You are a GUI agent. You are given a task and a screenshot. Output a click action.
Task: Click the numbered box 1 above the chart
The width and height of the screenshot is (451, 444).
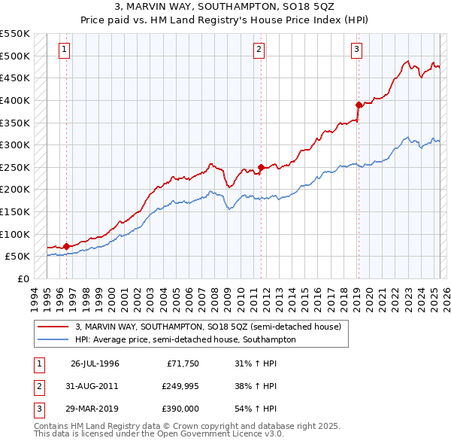click(x=65, y=50)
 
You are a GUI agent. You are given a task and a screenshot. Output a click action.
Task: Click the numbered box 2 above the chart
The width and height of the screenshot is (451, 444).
click(x=259, y=50)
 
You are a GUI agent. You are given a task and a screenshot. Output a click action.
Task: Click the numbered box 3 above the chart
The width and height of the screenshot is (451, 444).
click(x=356, y=50)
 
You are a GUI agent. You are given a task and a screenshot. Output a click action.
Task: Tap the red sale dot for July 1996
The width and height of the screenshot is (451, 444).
click(x=66, y=245)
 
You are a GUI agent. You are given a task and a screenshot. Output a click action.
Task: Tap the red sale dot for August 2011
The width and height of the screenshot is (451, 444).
click(x=261, y=167)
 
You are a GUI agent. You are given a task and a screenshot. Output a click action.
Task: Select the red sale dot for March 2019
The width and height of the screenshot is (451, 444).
click(x=359, y=105)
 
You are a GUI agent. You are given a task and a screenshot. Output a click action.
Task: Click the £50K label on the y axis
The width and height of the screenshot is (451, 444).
click(x=17, y=257)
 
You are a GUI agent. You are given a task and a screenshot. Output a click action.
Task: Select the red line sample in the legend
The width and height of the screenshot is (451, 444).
click(x=53, y=327)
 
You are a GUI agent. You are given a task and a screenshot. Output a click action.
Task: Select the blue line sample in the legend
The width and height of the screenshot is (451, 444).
click(x=53, y=339)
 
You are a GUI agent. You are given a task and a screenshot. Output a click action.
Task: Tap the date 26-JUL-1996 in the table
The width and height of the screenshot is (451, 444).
click(x=95, y=363)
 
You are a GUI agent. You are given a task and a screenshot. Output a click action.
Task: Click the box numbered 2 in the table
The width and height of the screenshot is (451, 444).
click(x=38, y=386)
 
